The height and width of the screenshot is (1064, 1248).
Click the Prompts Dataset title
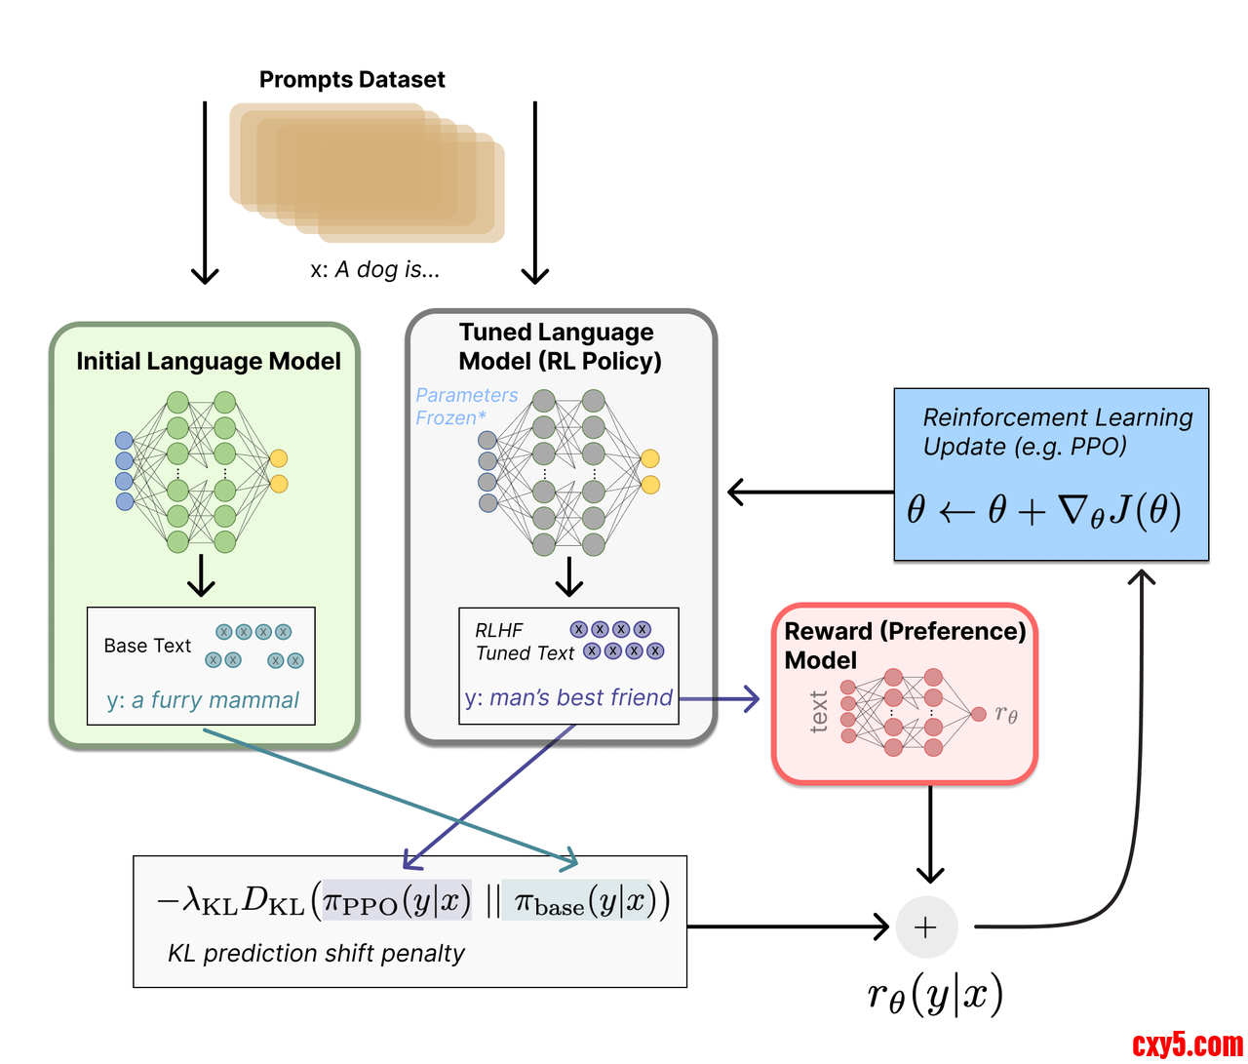pos(352,80)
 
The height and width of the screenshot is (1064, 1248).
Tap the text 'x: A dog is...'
pos(375,270)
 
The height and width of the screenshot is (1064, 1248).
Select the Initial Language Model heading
pos(209,362)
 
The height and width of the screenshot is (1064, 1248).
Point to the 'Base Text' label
pos(147,646)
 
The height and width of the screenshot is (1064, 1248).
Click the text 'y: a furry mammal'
pos(203,700)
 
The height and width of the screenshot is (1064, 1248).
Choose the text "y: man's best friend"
pos(568,698)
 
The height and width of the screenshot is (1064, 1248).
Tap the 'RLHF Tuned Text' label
pos(524,642)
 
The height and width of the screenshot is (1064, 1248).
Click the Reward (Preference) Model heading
pos(904,645)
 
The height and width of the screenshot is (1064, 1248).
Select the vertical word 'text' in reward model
pos(819,711)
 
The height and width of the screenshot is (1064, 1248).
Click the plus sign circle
pos(926,926)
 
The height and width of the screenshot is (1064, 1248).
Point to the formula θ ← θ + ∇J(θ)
pos(1043,510)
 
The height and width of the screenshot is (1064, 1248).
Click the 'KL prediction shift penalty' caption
pos(316,953)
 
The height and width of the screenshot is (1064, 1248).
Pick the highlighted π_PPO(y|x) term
pos(397,901)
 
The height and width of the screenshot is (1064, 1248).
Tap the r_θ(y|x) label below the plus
pos(935,995)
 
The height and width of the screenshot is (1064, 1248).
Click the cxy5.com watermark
pos(1187,1045)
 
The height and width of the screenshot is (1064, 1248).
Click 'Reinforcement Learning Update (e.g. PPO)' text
pos(1057,432)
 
